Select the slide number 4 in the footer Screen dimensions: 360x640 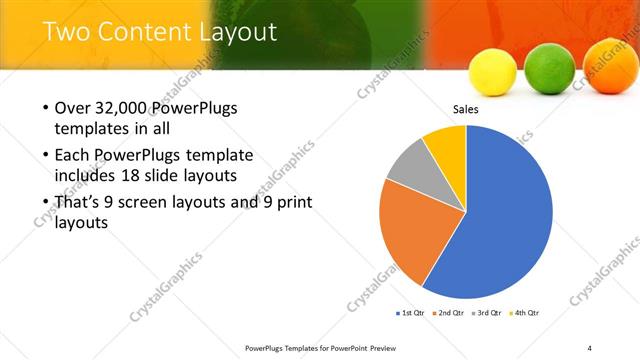(590, 347)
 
